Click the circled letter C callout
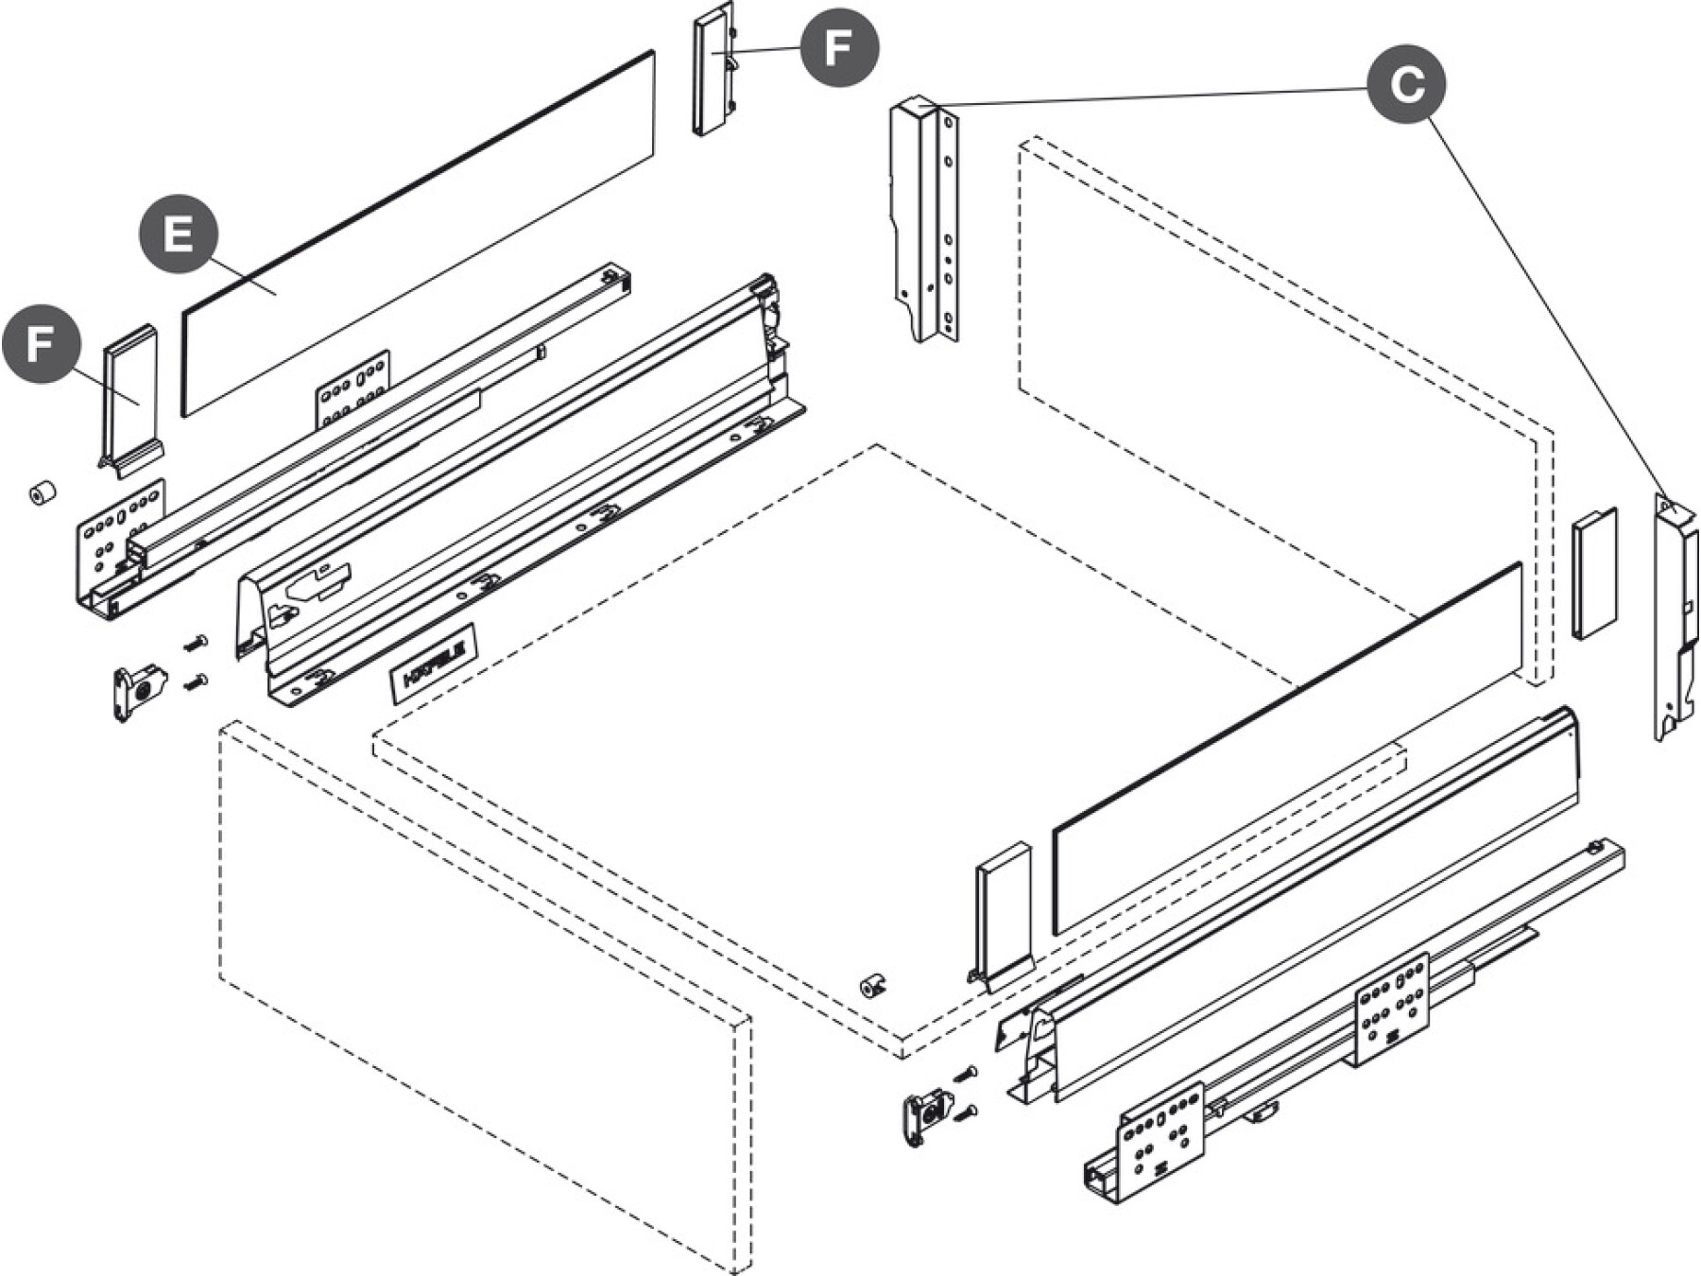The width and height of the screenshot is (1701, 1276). pyautogui.click(x=1407, y=84)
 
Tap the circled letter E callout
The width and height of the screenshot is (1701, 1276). pyautogui.click(x=179, y=233)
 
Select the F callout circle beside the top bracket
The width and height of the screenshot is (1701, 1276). pyautogui.click(x=839, y=47)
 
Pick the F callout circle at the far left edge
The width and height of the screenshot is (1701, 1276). pyautogui.click(x=40, y=343)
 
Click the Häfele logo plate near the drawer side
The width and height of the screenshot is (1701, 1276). pyautogui.click(x=434, y=664)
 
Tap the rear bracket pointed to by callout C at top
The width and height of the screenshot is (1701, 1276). pyautogui.click(x=924, y=219)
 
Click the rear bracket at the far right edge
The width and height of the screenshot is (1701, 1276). pyautogui.click(x=1675, y=614)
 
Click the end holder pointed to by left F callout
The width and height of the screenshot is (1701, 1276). pyautogui.click(x=129, y=397)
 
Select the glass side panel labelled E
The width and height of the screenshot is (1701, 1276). pyautogui.click(x=416, y=236)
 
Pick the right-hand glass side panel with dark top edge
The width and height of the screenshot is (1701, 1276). pyautogui.click(x=1285, y=751)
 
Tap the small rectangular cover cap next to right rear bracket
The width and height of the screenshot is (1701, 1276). pyautogui.click(x=1594, y=573)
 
